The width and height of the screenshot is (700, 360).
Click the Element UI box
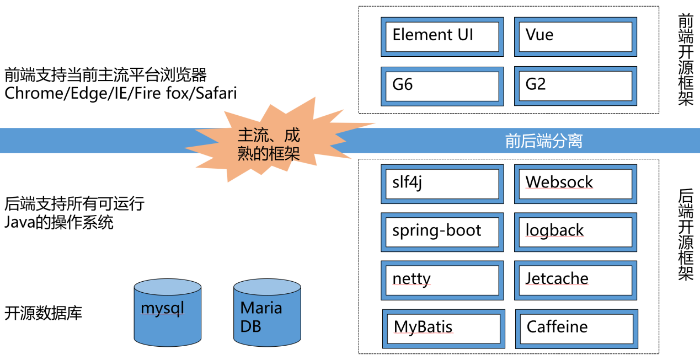click(x=442, y=36)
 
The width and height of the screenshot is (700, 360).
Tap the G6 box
click(x=442, y=86)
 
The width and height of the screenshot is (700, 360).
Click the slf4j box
click(x=442, y=184)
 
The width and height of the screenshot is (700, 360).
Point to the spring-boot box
click(x=442, y=232)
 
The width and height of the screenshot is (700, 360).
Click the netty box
click(x=442, y=280)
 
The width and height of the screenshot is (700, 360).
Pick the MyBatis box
click(x=443, y=328)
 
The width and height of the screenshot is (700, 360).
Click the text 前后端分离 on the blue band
click(x=543, y=142)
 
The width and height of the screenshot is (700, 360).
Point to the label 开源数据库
click(x=43, y=314)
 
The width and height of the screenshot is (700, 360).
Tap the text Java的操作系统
click(x=58, y=223)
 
